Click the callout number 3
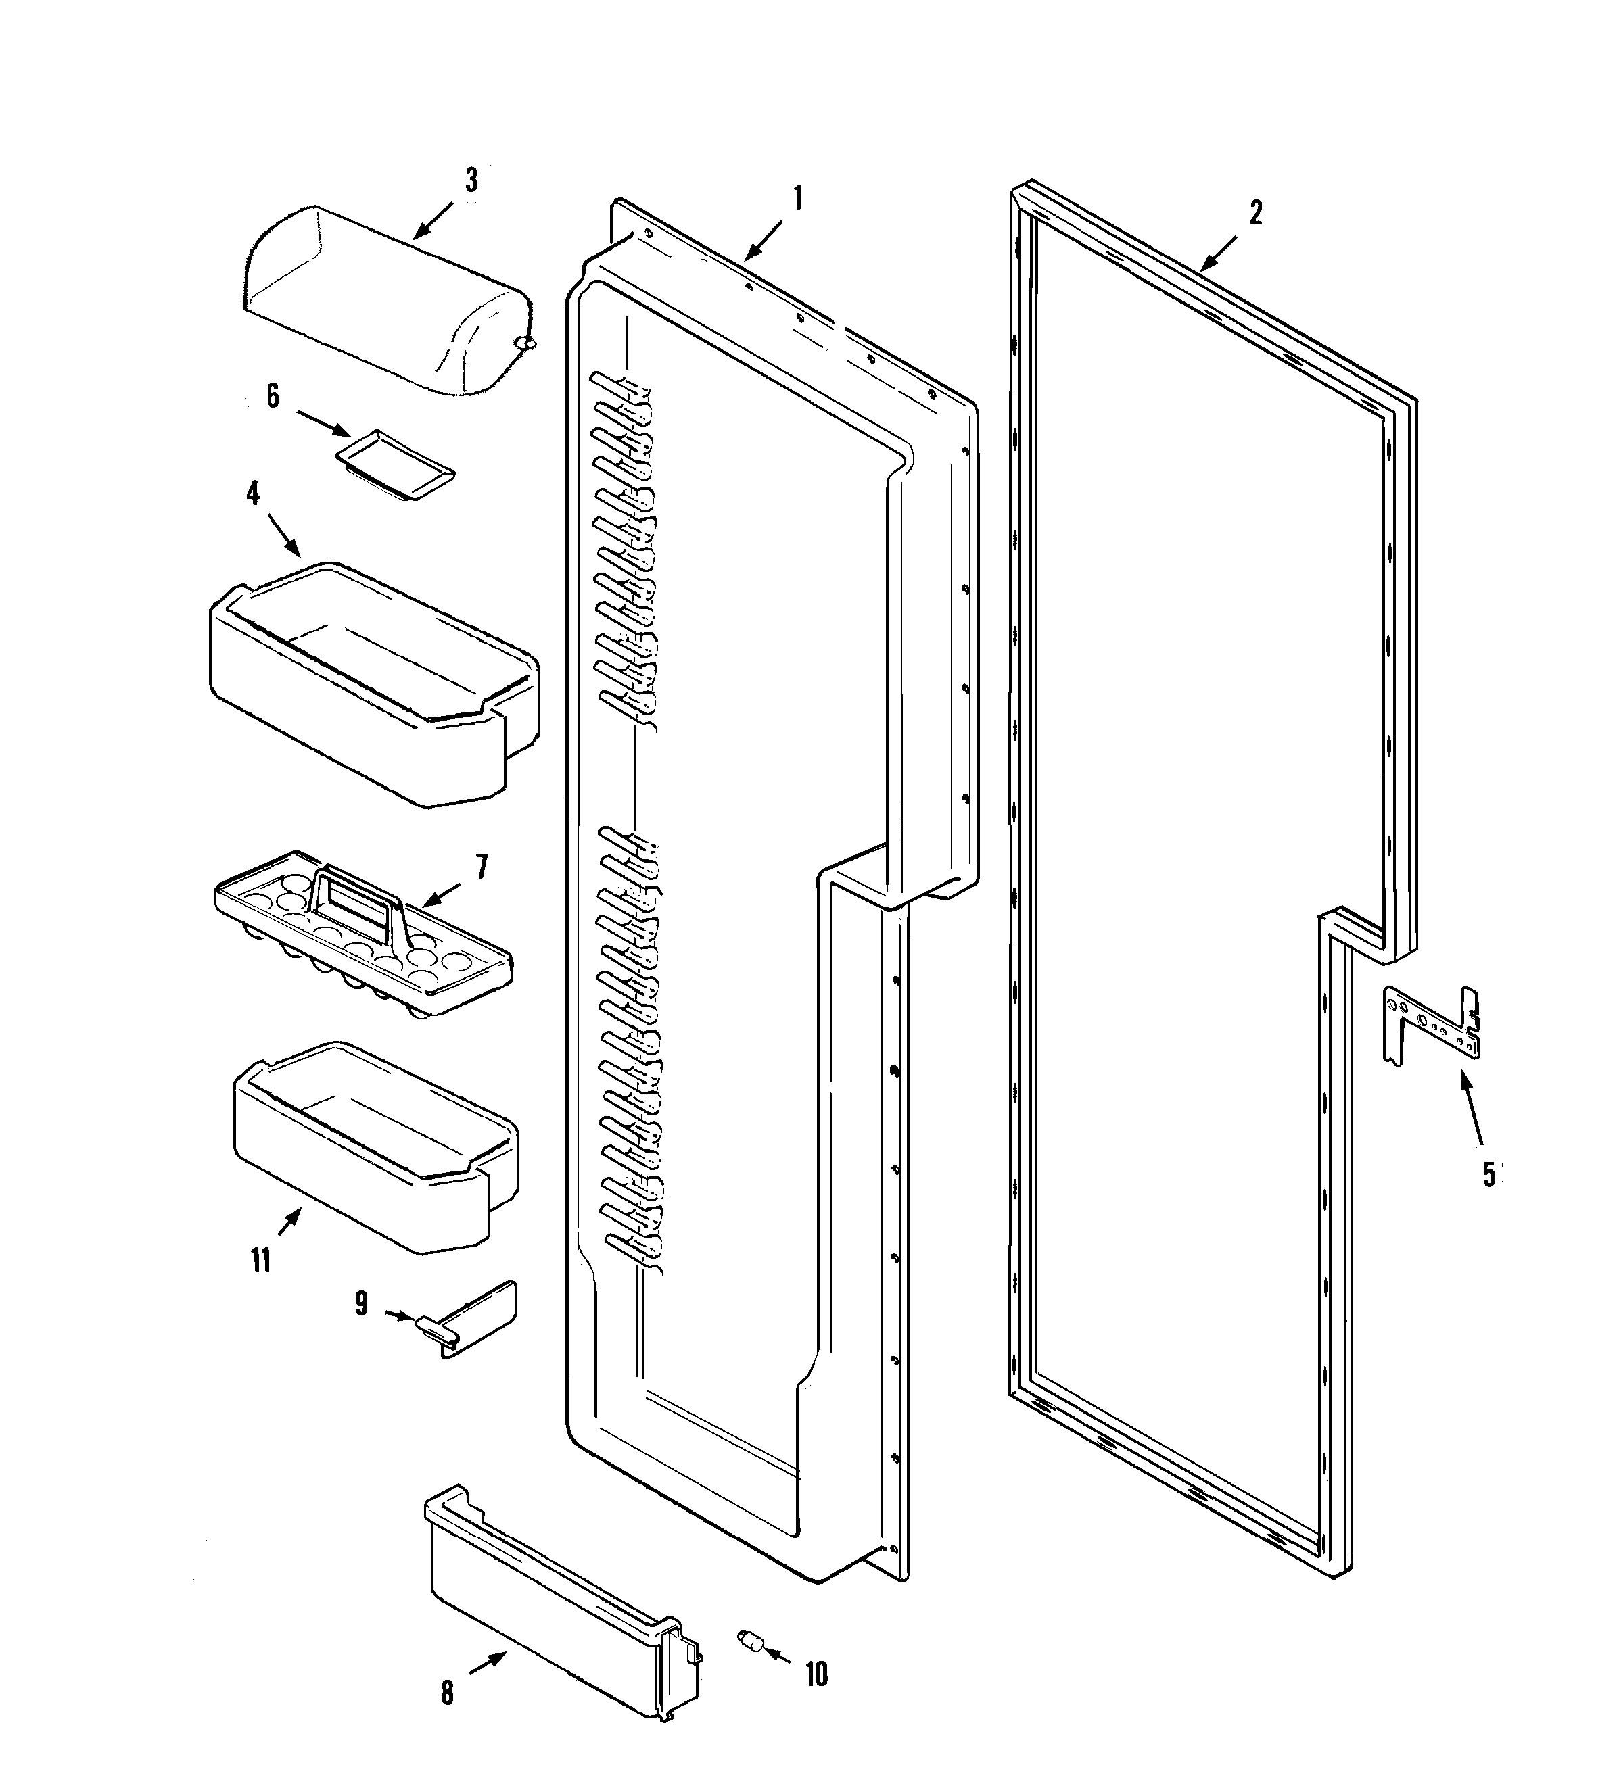coord(471,181)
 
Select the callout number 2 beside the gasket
coord(1255,213)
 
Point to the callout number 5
coord(1488,1174)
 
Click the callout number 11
coord(260,1260)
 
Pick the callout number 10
coord(816,1674)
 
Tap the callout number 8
coord(447,1694)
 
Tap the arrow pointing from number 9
coord(401,1316)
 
